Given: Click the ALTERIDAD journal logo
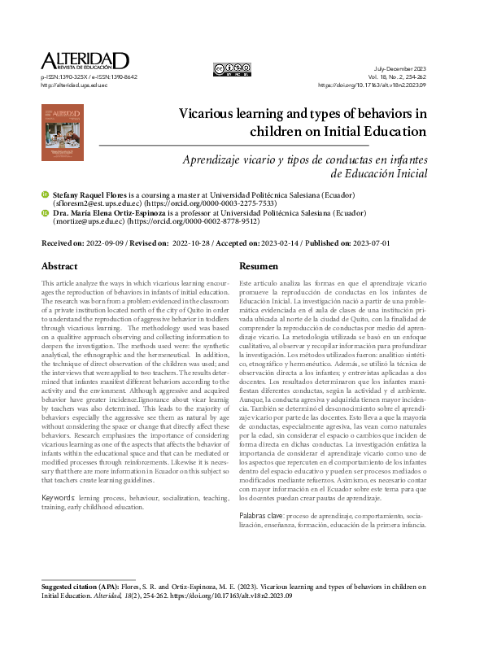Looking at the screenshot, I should pos(85,60).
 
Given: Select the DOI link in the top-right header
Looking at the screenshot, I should pos(382,84).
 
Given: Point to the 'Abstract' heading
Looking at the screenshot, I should pos(59,266).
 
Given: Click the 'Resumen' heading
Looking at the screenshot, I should pos(259,266).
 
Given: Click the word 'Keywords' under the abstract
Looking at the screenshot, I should pos(59,496).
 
